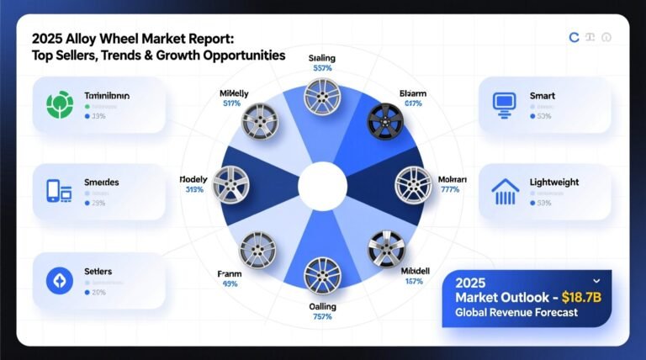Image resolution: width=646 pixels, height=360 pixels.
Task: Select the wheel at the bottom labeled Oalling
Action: [322, 274]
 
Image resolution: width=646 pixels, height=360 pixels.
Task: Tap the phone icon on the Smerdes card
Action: [56, 193]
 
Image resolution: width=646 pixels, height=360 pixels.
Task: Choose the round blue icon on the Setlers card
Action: [56, 280]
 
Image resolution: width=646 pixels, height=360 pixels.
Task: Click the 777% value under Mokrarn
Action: [450, 190]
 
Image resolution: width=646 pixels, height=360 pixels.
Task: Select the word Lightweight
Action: [554, 182]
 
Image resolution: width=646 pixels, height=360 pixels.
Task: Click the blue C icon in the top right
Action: [574, 38]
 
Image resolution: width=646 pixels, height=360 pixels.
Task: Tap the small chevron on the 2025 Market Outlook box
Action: [596, 280]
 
